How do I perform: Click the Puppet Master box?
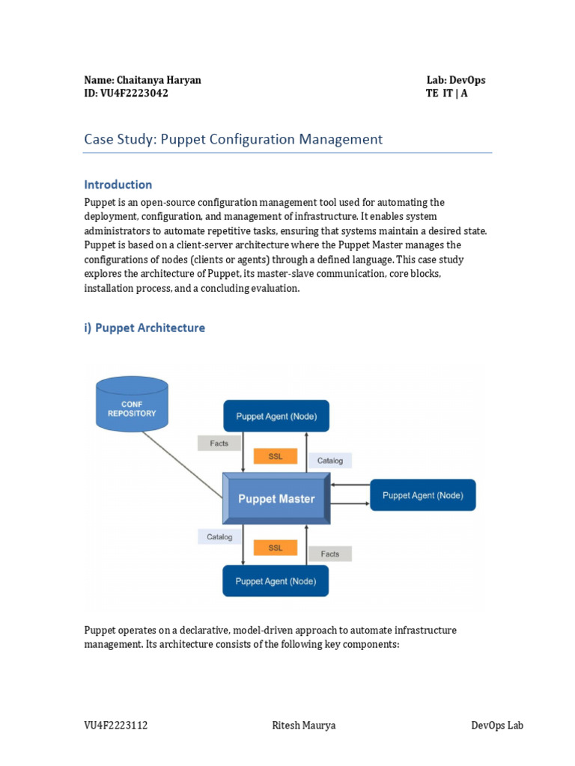(276, 498)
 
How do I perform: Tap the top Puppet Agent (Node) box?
(276, 416)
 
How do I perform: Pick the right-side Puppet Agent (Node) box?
(422, 495)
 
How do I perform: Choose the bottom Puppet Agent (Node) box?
(276, 580)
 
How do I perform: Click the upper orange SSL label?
(276, 456)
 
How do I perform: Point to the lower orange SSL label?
(276, 548)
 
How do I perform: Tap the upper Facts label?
(219, 443)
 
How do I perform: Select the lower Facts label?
(329, 554)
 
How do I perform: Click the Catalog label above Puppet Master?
(329, 460)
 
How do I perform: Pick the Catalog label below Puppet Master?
(219, 536)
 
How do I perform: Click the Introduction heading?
(118, 185)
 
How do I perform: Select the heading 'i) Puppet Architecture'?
(144, 328)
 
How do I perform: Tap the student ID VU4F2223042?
(126, 94)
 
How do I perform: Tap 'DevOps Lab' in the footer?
(497, 726)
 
